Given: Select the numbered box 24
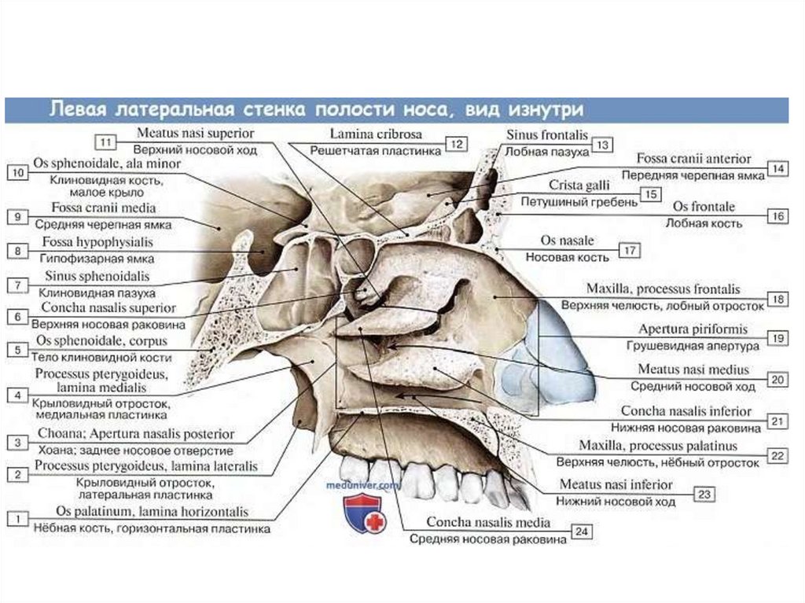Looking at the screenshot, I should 581,532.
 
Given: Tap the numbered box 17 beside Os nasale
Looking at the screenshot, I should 630,250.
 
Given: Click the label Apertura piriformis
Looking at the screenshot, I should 693,329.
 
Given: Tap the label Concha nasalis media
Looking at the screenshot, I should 487,522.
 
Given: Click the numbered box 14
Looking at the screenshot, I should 777,168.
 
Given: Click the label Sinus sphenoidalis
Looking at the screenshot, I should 97,277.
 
